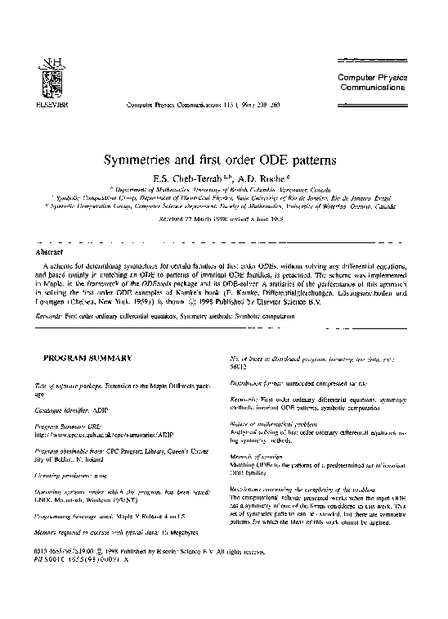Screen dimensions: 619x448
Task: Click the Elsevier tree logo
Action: [41, 79]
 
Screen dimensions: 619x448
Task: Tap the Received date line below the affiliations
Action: [222, 219]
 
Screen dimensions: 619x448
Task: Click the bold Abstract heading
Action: [46, 253]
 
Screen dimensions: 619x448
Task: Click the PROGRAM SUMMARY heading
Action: [82, 358]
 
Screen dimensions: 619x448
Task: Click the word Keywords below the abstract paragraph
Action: [52, 314]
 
